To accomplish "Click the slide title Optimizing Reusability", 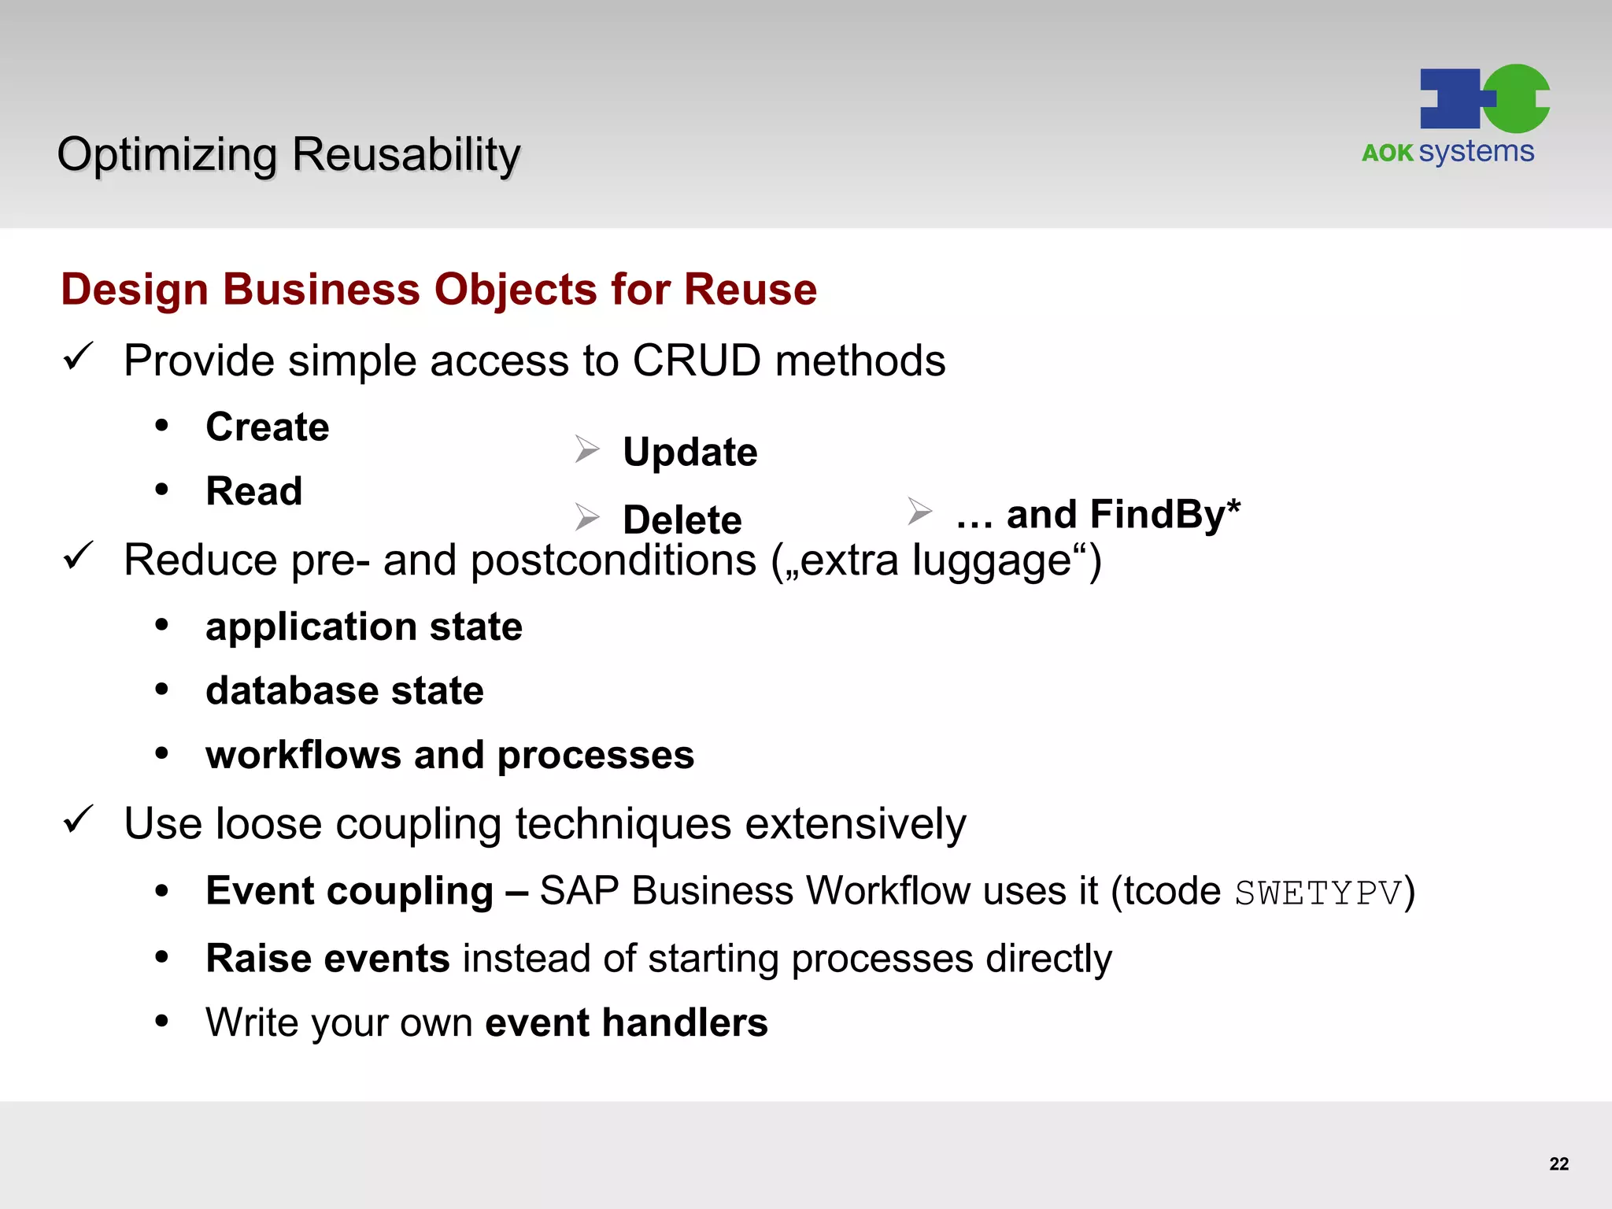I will point(288,154).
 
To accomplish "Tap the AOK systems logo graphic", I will point(1484,99).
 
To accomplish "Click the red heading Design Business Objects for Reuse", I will point(438,289).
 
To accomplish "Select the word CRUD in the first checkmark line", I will point(697,360).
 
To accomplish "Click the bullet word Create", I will point(267,427).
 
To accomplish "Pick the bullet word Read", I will point(253,491).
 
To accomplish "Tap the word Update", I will point(690,452).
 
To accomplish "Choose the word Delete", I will point(682,519).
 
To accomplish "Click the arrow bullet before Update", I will point(587,449).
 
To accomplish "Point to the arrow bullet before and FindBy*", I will point(919,512).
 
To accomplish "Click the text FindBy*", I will point(1164,515).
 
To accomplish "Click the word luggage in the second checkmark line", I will point(993,561).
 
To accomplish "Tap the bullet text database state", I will point(344,690).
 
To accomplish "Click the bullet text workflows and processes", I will point(449,755).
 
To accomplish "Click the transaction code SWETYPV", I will point(1318,893).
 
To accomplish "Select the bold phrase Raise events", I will point(327,958).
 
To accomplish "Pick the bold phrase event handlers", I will point(626,1022).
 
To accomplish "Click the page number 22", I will point(1558,1163).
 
